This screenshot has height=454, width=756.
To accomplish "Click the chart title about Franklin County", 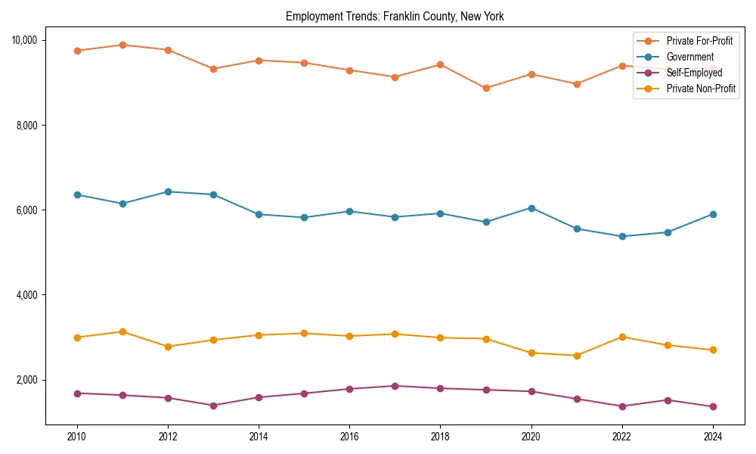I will coord(394,16).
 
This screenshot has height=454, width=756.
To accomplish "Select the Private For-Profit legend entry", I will coord(699,40).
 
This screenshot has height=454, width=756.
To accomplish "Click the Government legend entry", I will coord(689,57).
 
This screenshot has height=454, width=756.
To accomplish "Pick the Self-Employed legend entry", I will coord(694,73).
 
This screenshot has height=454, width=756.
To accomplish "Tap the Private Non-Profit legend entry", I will coord(701,89).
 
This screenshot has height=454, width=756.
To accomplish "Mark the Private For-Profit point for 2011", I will coord(122,45).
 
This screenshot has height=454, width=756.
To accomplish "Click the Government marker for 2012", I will coord(168,191).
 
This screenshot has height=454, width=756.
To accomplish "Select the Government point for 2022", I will coord(621,236).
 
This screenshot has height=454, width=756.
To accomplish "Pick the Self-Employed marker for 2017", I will coord(395,386).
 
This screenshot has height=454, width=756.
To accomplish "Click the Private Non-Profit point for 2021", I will coord(576,356).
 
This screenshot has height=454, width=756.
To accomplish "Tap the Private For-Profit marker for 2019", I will coord(485,88).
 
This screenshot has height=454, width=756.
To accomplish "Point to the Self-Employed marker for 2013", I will coord(213,406).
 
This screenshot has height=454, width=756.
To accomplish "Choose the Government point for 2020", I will coord(531,208).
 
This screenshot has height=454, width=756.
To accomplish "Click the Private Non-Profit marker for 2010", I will coord(77,337).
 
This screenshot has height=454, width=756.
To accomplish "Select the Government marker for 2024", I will coord(712,214).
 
